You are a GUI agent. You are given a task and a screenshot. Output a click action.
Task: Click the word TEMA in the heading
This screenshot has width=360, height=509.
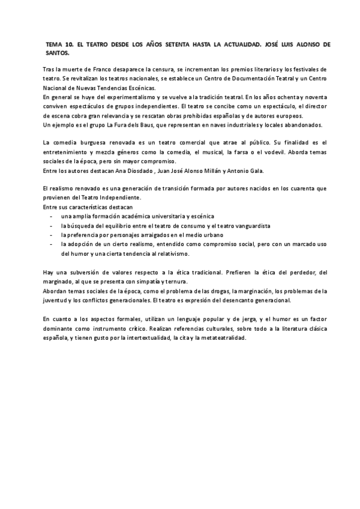coord(54,44)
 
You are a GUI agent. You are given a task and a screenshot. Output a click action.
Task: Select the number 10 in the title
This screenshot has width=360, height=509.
coord(71,44)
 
